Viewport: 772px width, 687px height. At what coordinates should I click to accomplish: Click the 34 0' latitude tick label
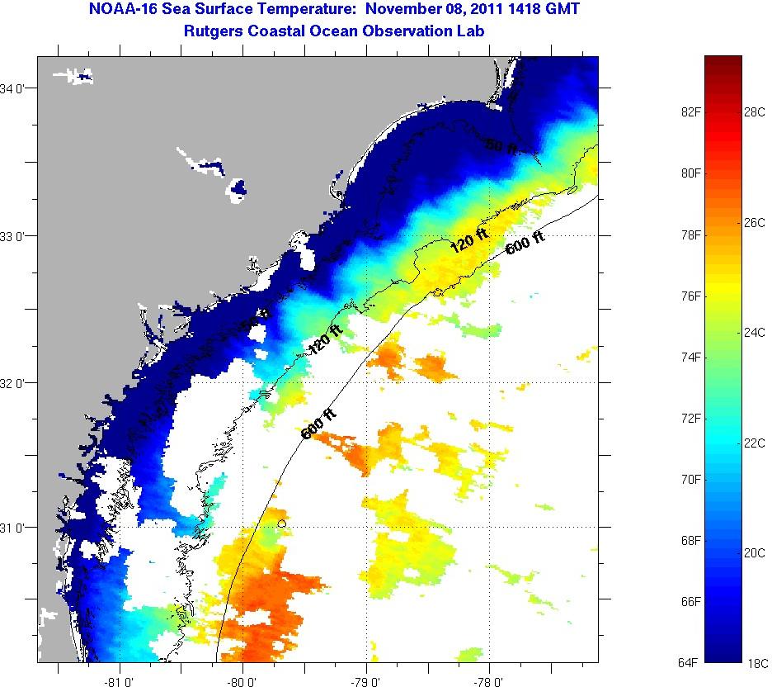coord(16,88)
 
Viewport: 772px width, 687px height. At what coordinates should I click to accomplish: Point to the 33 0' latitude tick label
coord(16,236)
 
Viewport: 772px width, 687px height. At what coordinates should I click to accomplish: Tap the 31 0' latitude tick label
coord(16,527)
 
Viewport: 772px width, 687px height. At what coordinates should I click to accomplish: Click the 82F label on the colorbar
coord(690,112)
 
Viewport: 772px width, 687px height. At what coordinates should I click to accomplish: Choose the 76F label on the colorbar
coord(690,296)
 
